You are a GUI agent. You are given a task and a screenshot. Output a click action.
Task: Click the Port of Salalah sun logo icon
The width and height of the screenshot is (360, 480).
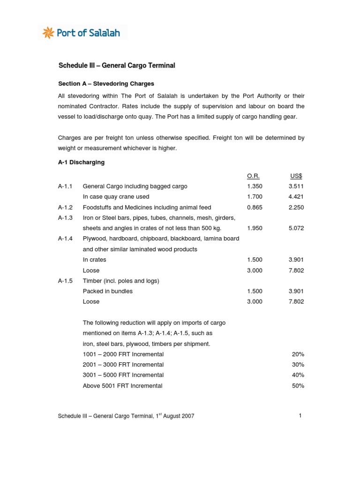point(47,33)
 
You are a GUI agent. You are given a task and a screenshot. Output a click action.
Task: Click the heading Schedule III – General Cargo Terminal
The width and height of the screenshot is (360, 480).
point(116,66)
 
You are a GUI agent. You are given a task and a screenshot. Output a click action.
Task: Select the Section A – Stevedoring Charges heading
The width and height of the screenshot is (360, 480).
point(106,84)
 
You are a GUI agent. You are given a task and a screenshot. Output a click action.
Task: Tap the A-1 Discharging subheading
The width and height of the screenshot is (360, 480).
point(81,163)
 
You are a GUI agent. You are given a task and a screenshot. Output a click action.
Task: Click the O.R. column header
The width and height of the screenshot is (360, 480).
point(253,176)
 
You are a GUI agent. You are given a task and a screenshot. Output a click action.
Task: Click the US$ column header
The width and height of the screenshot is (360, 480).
point(296,176)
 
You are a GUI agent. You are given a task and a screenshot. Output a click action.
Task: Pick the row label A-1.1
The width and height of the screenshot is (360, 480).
point(65,187)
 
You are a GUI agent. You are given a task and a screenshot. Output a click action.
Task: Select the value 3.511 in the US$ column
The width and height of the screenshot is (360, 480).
point(296,187)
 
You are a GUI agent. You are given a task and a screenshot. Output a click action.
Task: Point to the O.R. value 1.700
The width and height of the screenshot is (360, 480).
point(255,197)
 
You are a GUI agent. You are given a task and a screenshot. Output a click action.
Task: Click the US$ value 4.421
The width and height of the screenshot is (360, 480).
point(296,197)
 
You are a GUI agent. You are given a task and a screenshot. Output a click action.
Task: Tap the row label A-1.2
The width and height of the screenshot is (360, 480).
point(65,207)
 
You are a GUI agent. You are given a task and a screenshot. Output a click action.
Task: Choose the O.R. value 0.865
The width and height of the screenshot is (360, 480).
point(255,207)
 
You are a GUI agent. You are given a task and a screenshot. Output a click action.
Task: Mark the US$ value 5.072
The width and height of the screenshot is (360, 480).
point(296,228)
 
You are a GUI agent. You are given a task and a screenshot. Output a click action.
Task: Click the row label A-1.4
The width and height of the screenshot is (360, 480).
point(65,239)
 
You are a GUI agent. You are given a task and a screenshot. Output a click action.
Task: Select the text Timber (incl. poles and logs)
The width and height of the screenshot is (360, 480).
point(121,281)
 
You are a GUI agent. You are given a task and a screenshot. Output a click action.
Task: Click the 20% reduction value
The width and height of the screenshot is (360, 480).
point(298,354)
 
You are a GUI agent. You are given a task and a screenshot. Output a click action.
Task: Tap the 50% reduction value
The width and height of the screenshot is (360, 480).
point(298,386)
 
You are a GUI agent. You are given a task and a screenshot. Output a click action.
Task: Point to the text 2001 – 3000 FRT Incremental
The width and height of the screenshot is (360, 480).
point(123,365)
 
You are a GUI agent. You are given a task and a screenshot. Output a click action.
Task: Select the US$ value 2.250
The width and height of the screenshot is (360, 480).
point(296,207)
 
